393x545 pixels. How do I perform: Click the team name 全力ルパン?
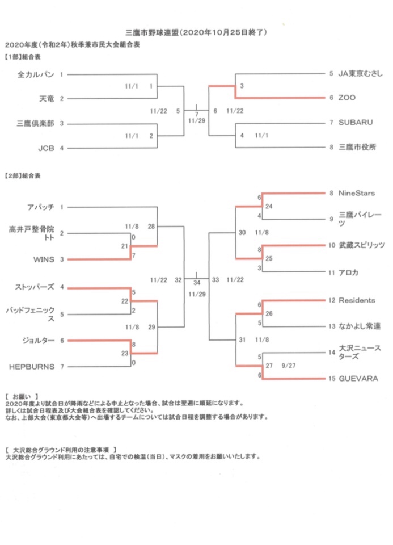tap(36, 74)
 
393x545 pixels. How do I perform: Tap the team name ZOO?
tap(347, 98)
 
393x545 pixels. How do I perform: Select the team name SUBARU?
tap(356, 123)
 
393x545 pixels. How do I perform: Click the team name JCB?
tap(46, 148)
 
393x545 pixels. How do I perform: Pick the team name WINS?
tap(44, 259)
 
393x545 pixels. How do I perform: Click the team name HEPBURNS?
tap(32, 367)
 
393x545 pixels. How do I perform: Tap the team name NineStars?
tap(357, 193)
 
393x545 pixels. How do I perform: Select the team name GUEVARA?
tap(358, 379)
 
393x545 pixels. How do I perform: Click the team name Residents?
tap(357, 300)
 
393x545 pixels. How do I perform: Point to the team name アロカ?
tap(348, 273)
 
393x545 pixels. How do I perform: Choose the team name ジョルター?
tap(38, 341)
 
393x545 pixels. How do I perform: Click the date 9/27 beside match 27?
tap(289, 366)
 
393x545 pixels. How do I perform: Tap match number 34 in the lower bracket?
tap(197, 283)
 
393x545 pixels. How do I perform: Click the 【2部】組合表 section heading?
tap(23, 176)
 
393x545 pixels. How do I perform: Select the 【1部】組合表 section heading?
tap(23, 57)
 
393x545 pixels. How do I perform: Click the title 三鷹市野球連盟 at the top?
tap(152, 32)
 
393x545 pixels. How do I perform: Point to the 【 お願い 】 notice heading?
tap(22, 396)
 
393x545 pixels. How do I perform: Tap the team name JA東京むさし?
tap(360, 73)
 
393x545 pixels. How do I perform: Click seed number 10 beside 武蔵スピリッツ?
tap(332, 245)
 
